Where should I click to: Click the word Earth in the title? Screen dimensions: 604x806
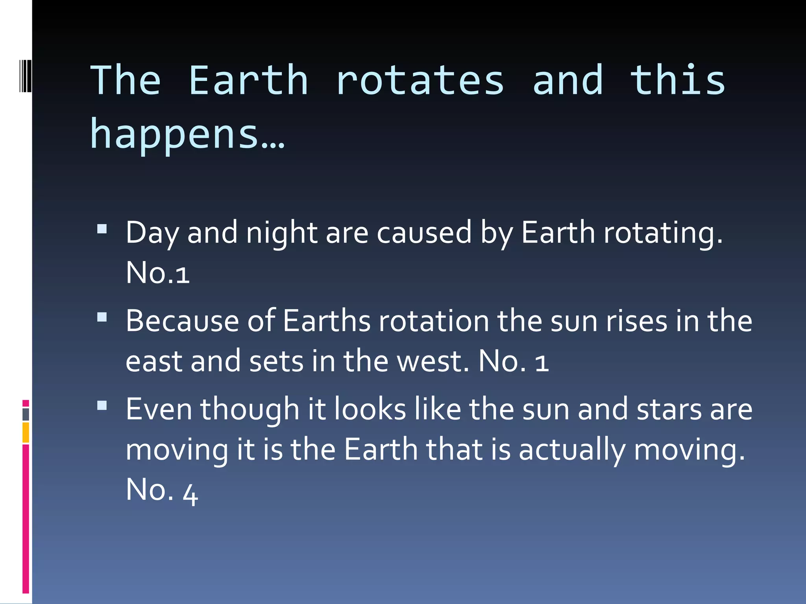pyautogui.click(x=248, y=81)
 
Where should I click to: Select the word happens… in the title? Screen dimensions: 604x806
pyautogui.click(x=187, y=134)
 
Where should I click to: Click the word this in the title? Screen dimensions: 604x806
pyautogui.click(x=678, y=81)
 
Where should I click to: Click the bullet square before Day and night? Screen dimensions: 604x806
pyautogui.click(x=102, y=229)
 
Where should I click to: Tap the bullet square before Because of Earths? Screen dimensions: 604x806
pyautogui.click(x=102, y=317)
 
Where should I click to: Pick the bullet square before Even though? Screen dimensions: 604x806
pyautogui.click(x=102, y=405)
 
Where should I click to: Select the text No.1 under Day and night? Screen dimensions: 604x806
pyautogui.click(x=157, y=273)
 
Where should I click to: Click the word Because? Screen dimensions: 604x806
pyautogui.click(x=182, y=321)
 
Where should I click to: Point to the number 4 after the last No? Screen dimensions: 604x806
pyautogui.click(x=190, y=494)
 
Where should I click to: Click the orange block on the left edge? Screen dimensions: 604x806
pyautogui.click(x=26, y=433)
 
